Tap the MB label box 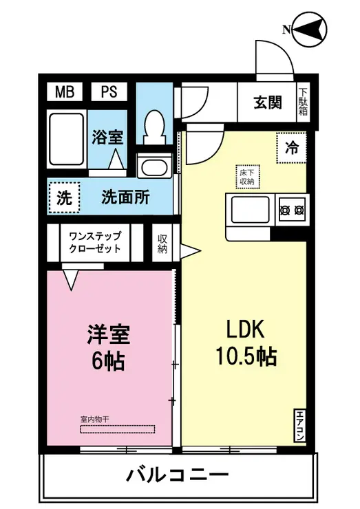(65, 91)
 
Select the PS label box (109, 91)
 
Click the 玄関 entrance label (267, 102)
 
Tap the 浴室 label (108, 136)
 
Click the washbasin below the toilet (153, 166)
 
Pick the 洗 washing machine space (64, 199)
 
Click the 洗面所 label (125, 198)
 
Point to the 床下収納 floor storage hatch (246, 176)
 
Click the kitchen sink (251, 209)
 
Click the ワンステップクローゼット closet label (95, 242)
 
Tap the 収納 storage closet (162, 243)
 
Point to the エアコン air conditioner (301, 425)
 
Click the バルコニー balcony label (177, 475)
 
